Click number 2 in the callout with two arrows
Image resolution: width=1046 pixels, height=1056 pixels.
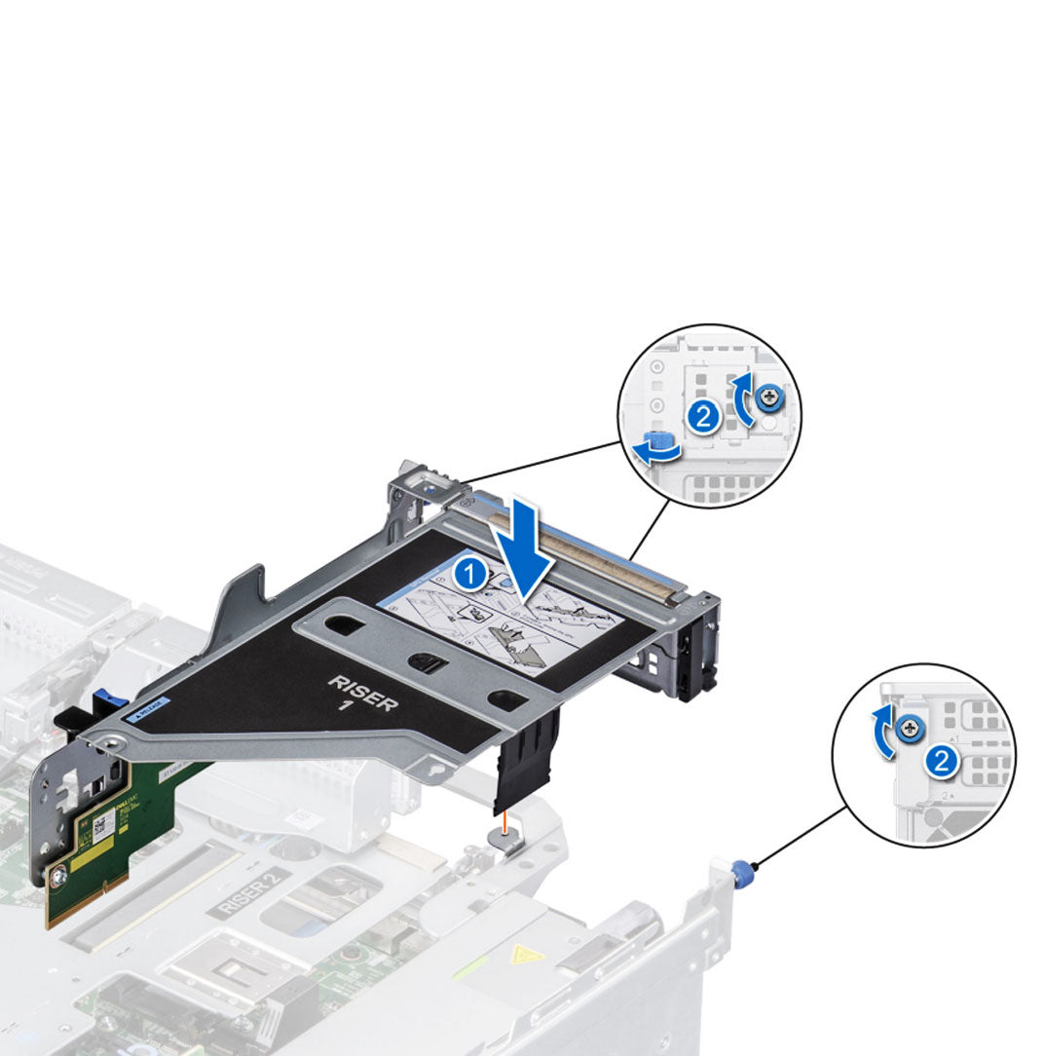coord(702,418)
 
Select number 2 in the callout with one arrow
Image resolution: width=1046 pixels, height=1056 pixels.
coord(941,761)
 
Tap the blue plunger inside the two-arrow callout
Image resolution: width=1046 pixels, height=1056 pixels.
coord(654,440)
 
